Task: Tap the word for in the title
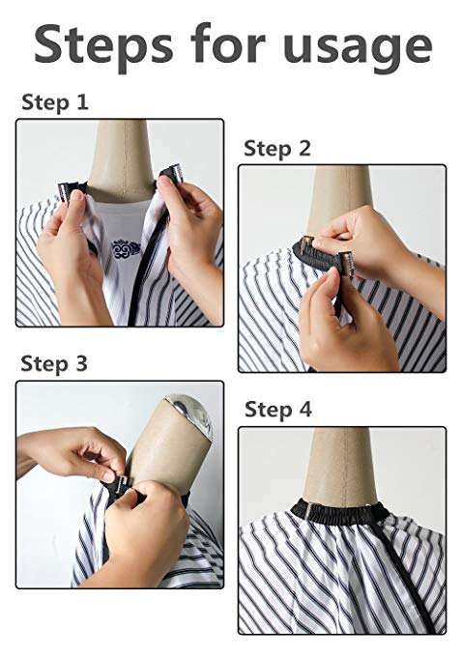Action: pyautogui.click(x=228, y=43)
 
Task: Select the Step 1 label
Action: pyautogui.click(x=55, y=102)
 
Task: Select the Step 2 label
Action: pyautogui.click(x=277, y=149)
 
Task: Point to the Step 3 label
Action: pyautogui.click(x=54, y=363)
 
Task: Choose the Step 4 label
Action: pyautogui.click(x=277, y=410)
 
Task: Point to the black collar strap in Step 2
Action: pyautogui.click(x=318, y=254)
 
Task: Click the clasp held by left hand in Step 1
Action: pyautogui.click(x=70, y=189)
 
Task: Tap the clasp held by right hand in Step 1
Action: pyautogui.click(x=172, y=174)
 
